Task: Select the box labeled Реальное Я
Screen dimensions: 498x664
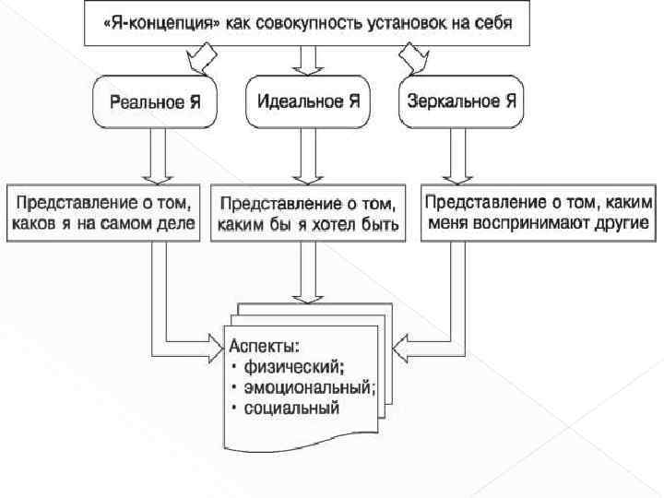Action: coord(155,101)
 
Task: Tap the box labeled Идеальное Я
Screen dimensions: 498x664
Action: coord(308,101)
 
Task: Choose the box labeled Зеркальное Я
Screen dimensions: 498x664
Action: coord(460,101)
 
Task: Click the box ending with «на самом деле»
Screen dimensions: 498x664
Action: coord(102,213)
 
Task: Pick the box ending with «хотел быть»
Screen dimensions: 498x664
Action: coord(307,215)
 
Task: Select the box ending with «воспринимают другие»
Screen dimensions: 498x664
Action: coord(539,213)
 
